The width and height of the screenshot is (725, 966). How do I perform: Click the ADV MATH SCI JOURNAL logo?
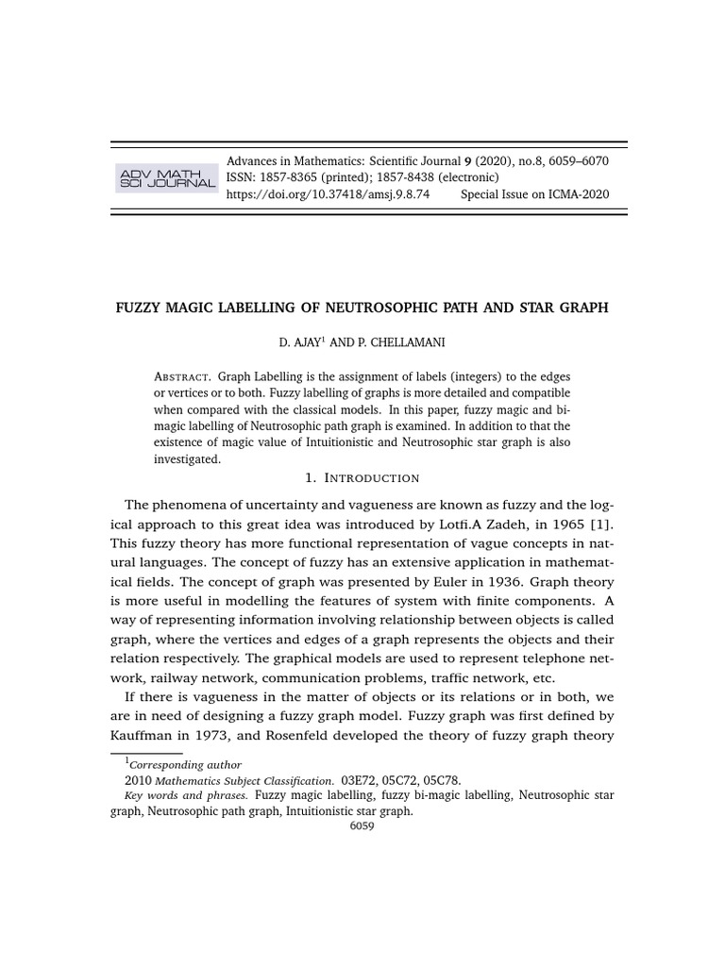(165, 177)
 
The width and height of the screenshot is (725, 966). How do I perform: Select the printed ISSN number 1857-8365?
(291, 177)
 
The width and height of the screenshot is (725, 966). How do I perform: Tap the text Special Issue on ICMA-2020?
(534, 194)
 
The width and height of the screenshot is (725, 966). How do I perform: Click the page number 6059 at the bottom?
(362, 825)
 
